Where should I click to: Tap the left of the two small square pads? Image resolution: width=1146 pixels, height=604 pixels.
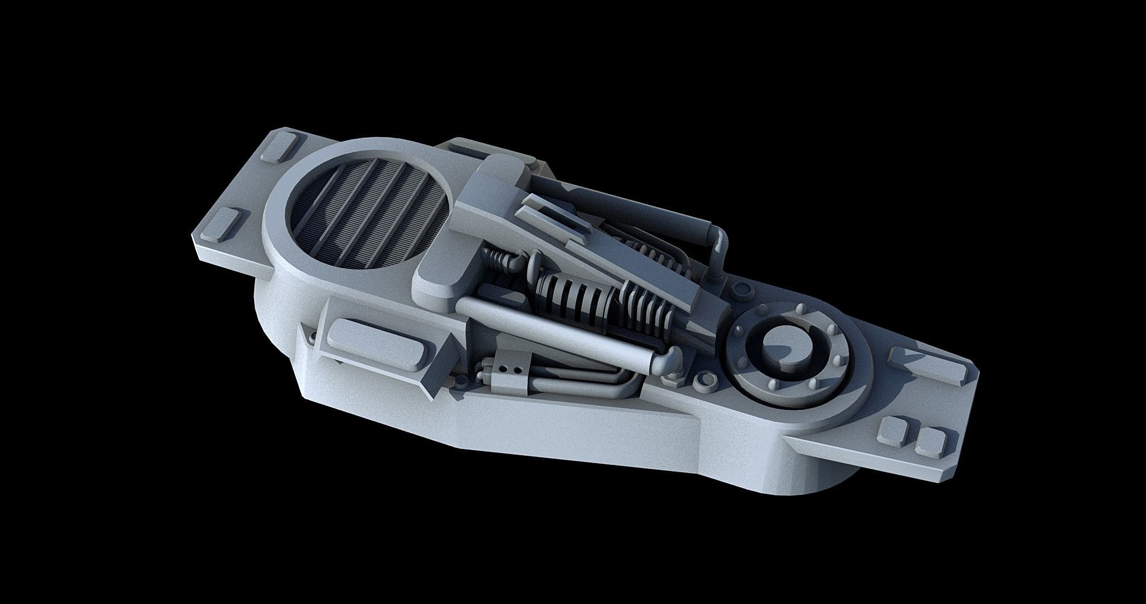tap(892, 430)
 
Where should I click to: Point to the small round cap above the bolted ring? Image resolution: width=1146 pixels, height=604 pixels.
tap(743, 289)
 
